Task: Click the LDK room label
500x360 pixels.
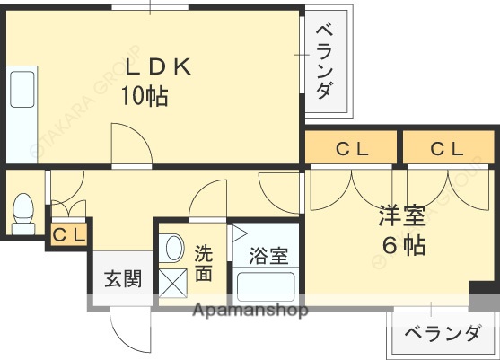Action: pos(158,67)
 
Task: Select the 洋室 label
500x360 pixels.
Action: pos(399,216)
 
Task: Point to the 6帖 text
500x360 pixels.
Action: pos(400,243)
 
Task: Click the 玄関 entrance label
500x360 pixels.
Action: pos(121,279)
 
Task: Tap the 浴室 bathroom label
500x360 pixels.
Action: pos(268,256)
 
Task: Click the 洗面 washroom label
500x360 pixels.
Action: pos(205,262)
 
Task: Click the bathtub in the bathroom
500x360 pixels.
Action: pos(268,288)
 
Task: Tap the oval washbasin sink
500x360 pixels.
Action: pos(173,248)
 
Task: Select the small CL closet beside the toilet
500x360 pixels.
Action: pos(69,235)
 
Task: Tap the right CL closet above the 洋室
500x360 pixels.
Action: pos(446,149)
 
